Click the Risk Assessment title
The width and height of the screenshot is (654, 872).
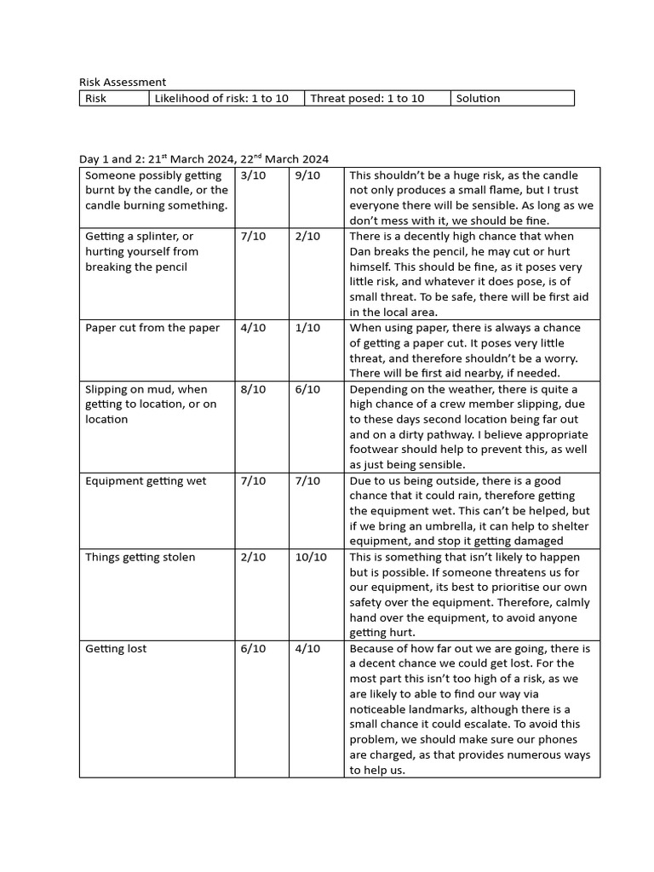[123, 83]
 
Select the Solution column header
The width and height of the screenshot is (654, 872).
[478, 99]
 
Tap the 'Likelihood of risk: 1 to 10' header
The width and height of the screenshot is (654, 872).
[221, 99]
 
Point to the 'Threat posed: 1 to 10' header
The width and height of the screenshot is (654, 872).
[367, 99]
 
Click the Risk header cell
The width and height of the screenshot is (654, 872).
[96, 99]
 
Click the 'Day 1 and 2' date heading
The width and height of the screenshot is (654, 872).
[204, 159]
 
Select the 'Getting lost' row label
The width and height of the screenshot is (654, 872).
[116, 649]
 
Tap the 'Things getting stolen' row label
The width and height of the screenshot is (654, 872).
[140, 558]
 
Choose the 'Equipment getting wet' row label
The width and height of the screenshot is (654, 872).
[146, 481]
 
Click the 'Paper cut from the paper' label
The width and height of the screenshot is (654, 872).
[152, 328]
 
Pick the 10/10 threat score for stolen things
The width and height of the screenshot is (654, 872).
[310, 558]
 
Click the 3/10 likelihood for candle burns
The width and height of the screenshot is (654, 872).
[253, 175]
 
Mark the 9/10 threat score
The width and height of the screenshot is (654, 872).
[307, 175]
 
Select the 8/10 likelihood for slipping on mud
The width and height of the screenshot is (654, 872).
[253, 389]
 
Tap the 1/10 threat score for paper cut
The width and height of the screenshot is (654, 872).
[307, 328]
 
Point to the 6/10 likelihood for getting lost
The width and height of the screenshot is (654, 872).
[253, 649]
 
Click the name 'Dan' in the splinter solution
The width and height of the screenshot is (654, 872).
[362, 252]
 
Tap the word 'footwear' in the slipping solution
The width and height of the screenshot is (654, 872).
[376, 450]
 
